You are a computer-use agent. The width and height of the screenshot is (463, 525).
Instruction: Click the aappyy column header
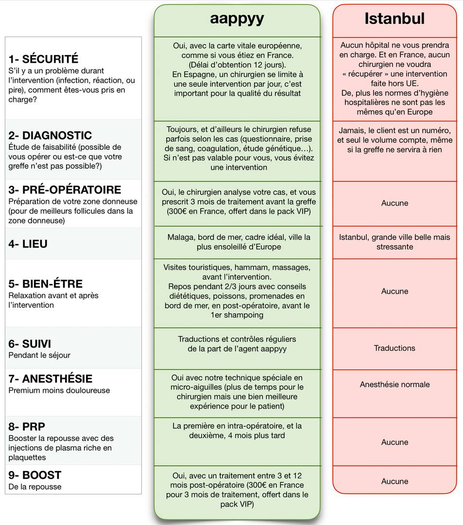pyautogui.click(x=237, y=18)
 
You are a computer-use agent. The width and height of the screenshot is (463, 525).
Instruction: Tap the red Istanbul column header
pyautogui.click(x=394, y=18)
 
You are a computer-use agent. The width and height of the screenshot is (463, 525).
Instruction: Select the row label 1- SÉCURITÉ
pyautogui.click(x=43, y=59)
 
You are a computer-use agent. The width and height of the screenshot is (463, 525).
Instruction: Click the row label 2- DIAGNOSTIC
pyautogui.click(x=50, y=135)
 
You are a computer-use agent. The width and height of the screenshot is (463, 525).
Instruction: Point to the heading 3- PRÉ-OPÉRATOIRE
pyautogui.click(x=65, y=190)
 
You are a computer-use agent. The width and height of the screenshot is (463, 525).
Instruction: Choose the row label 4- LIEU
pyautogui.click(x=28, y=244)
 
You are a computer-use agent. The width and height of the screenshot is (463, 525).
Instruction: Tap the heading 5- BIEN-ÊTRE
pyautogui.click(x=46, y=284)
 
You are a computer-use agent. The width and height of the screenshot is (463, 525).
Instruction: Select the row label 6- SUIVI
pyautogui.click(x=30, y=344)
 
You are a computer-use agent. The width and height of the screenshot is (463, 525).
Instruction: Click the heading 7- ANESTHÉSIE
pyautogui.click(x=51, y=379)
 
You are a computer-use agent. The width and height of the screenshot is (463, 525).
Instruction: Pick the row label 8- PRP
pyautogui.click(x=27, y=427)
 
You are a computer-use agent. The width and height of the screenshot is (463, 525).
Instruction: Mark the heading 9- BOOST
pyautogui.click(x=35, y=475)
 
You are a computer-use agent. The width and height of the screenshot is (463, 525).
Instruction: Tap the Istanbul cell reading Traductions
pyautogui.click(x=394, y=348)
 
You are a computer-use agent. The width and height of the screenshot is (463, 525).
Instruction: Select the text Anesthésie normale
pyautogui.click(x=394, y=385)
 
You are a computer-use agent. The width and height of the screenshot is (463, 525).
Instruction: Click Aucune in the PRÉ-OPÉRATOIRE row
pyautogui.click(x=394, y=203)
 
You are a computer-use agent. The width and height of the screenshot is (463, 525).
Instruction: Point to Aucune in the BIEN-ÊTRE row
pyautogui.click(x=394, y=291)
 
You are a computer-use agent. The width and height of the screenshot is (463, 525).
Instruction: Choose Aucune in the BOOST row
pyautogui.click(x=394, y=481)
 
